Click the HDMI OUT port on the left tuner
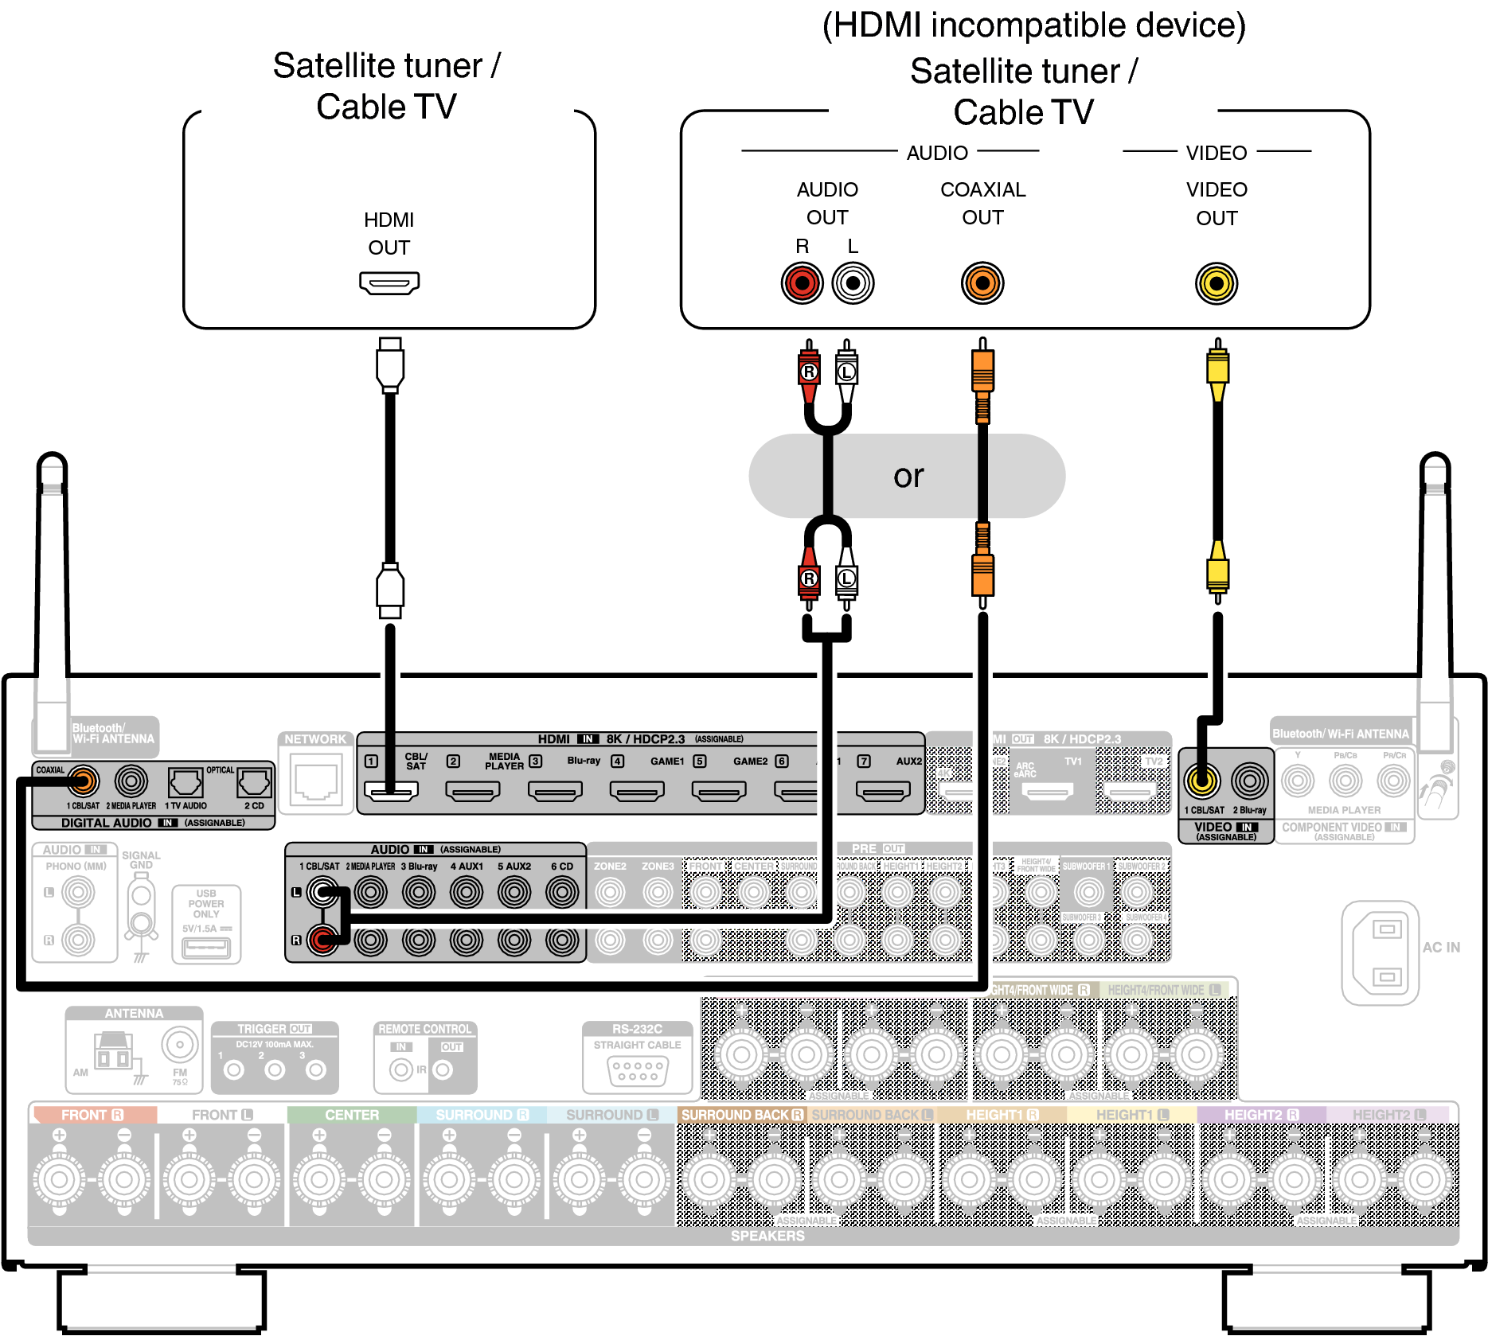click(x=389, y=282)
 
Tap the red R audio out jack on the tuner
click(x=802, y=283)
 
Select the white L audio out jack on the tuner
click(x=853, y=283)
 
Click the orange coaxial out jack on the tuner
click(x=982, y=283)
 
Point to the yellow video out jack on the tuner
click(x=1217, y=283)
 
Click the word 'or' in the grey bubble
click(x=908, y=477)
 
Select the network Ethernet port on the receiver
click(x=316, y=782)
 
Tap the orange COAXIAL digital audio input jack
click(x=83, y=781)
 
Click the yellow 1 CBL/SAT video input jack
click(x=1202, y=781)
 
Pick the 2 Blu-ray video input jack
click(x=1250, y=781)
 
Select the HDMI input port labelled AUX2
click(x=883, y=791)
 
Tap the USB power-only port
click(x=206, y=948)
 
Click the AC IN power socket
click(x=1386, y=952)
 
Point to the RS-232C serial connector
click(x=637, y=1071)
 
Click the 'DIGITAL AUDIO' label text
click(x=107, y=823)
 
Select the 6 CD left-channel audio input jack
click(x=562, y=892)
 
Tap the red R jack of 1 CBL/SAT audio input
click(x=322, y=941)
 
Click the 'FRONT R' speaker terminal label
click(x=92, y=1115)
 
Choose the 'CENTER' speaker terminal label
click(x=352, y=1115)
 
